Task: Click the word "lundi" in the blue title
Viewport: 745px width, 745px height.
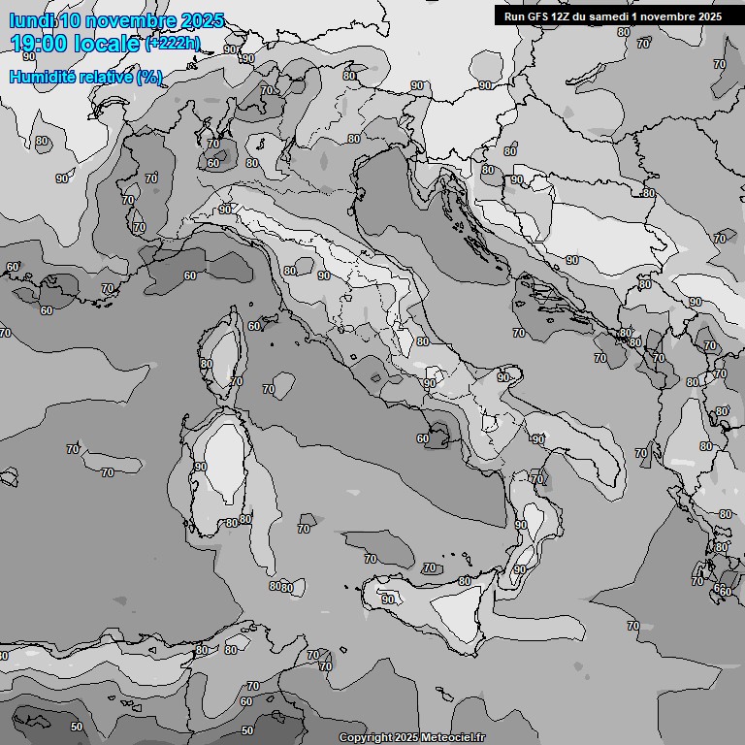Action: coord(31,20)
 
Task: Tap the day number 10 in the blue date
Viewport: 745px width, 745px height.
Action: coord(71,20)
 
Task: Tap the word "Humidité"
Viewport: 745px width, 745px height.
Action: coord(42,77)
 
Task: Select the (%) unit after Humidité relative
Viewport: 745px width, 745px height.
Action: coord(149,77)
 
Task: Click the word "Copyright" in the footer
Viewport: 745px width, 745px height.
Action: coord(365,738)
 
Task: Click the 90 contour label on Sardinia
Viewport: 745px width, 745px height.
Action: coord(200,467)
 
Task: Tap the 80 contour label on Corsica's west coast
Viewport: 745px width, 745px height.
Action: coord(206,364)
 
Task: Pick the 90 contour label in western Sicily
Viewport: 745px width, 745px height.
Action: coord(388,599)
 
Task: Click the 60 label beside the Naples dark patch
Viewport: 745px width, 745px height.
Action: coord(422,438)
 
